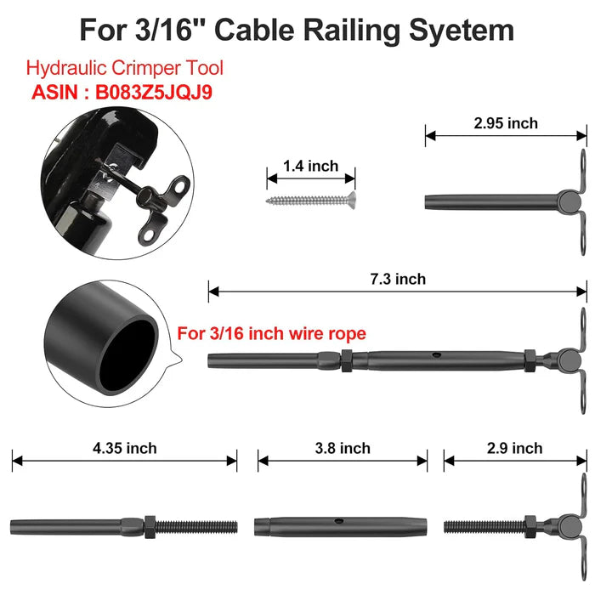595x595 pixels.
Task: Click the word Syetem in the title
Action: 462,31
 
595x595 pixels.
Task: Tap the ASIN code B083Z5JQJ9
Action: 154,92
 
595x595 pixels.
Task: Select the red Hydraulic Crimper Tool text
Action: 124,68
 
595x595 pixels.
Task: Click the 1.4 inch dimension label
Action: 311,167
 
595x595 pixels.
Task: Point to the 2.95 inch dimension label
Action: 506,123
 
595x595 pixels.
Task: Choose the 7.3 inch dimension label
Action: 398,280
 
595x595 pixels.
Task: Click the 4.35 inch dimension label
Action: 124,448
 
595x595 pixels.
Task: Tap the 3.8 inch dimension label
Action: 343,448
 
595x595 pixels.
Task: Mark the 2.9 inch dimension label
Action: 515,448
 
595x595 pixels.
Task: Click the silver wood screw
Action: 311,199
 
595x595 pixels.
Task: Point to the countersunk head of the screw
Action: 351,198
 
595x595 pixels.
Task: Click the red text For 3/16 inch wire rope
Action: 272,333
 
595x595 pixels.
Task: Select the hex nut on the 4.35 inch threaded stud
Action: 150,527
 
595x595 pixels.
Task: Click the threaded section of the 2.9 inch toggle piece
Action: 484,527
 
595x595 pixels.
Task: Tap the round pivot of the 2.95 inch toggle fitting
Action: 569,201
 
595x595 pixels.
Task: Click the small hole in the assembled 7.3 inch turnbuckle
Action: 436,355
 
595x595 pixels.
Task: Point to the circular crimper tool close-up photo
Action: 117,184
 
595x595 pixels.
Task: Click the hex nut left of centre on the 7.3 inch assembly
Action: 347,360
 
